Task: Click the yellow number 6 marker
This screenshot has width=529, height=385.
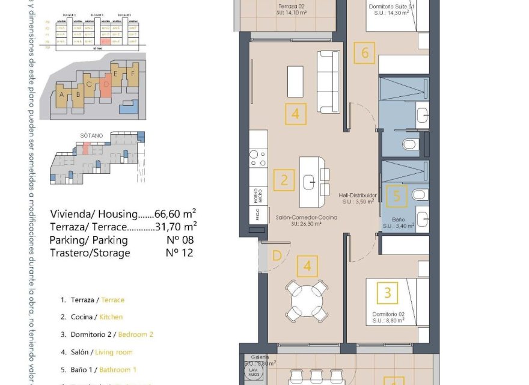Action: coord(364,53)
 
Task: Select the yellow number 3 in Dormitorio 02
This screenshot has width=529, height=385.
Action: coord(388,293)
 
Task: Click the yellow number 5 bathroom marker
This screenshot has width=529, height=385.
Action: coord(396,196)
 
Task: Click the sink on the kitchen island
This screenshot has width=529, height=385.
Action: coord(311,180)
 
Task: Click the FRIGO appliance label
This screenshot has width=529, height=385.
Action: coord(256,215)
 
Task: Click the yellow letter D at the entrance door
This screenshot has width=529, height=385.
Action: coord(277,256)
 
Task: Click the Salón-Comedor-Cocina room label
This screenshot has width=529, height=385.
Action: coord(307,218)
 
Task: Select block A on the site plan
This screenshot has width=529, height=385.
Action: coord(62,95)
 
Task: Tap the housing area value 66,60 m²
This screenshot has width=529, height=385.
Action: coord(176,214)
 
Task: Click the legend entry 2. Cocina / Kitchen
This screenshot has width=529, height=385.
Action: coord(92,316)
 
